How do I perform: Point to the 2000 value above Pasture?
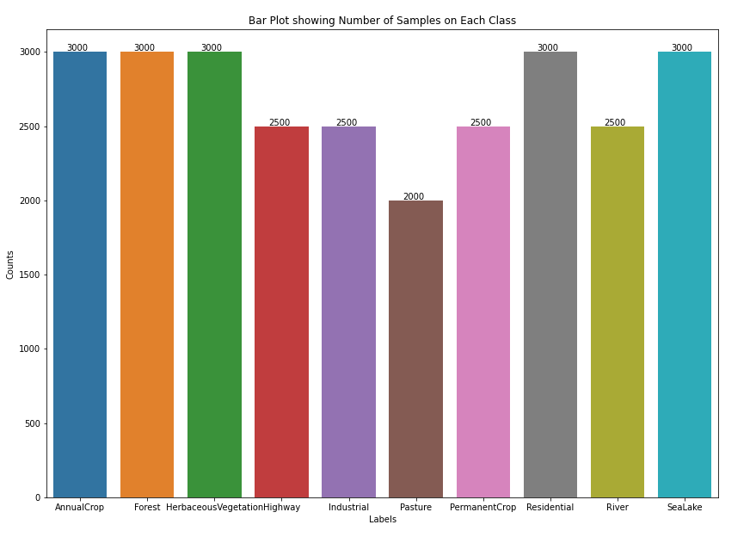pyautogui.click(x=414, y=196)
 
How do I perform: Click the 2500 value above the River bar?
pyautogui.click(x=615, y=122)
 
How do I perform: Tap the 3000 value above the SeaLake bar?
pyautogui.click(x=682, y=47)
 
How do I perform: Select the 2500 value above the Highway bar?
pyautogui.click(x=280, y=122)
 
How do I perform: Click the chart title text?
pyautogui.click(x=382, y=20)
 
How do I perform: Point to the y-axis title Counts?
pyautogui.click(x=10, y=264)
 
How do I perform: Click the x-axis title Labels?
pyautogui.click(x=383, y=519)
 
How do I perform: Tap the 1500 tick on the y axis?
pyautogui.click(x=30, y=275)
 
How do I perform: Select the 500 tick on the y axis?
pyautogui.click(x=33, y=423)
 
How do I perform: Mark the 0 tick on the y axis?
pyautogui.click(x=39, y=497)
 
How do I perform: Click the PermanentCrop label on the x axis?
pyautogui.click(x=482, y=507)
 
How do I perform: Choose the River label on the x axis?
pyautogui.click(x=617, y=507)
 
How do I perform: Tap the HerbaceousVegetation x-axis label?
pyautogui.click(x=213, y=507)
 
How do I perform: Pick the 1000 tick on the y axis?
pyautogui.click(x=30, y=349)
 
